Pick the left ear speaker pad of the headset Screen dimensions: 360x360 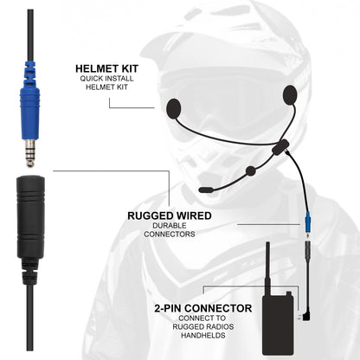tap(173, 109)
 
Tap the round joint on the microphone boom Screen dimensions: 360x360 tap(250, 170)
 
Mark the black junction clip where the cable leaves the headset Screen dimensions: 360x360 tap(279, 149)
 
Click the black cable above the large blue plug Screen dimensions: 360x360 tap(30, 26)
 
